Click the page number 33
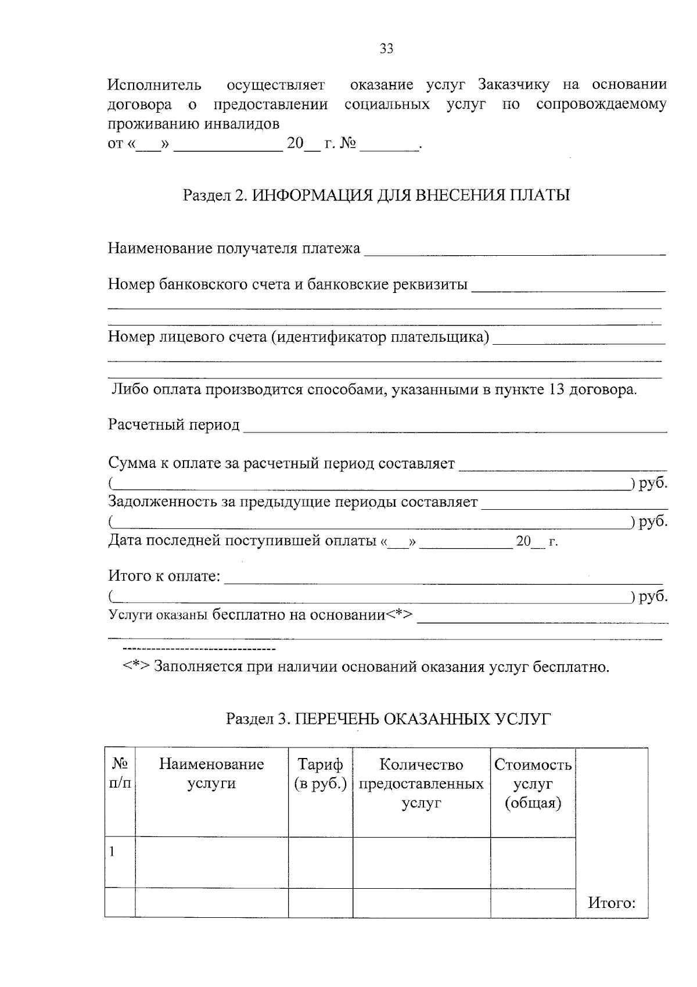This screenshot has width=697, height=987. click(386, 49)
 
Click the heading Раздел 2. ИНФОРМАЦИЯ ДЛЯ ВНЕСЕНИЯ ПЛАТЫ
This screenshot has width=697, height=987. click(376, 195)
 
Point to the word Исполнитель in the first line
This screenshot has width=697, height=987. click(155, 85)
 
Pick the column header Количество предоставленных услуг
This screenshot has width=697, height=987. click(421, 783)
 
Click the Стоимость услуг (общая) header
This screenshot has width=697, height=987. click(533, 783)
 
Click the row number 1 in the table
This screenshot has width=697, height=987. click(112, 852)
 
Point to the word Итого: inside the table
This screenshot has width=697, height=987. click(612, 903)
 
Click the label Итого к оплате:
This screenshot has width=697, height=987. click(164, 576)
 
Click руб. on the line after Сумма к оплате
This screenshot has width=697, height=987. click(653, 484)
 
